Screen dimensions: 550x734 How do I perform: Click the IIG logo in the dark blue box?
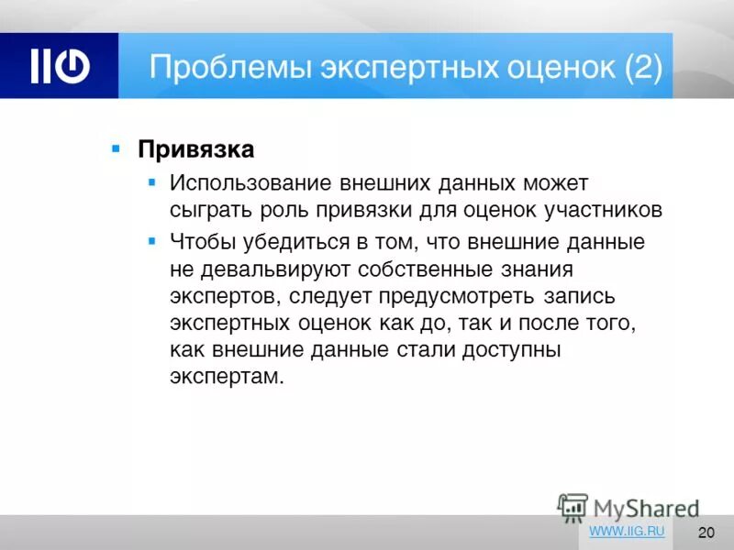coord(60,67)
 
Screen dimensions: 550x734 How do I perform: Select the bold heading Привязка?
coord(195,148)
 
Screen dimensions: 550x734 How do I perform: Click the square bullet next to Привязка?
coord(116,147)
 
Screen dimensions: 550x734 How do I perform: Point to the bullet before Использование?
coord(152,182)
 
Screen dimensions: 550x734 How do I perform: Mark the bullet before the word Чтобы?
coord(152,241)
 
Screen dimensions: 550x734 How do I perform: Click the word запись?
coord(571,297)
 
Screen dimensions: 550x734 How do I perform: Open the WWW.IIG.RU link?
coord(627,531)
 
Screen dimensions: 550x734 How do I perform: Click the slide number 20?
coord(706,533)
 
